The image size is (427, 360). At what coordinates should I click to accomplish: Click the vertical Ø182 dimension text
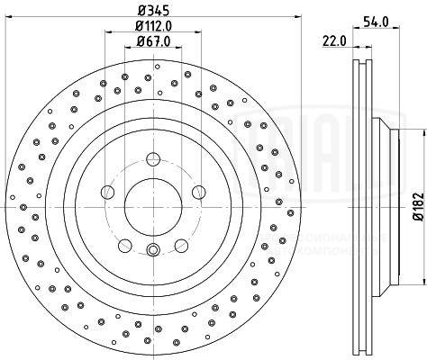(416, 208)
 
